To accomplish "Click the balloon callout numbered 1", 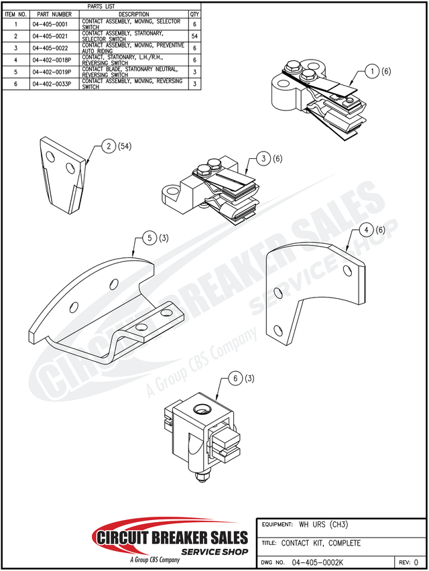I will pos(373,70).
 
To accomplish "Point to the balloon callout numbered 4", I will pos(366,230).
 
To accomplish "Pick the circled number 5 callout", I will pos(150,238).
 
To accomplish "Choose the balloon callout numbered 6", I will pos(235,379).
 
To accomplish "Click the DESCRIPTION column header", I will pos(133,13).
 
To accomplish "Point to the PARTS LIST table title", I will pos(101,6).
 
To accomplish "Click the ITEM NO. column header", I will pos(15,13).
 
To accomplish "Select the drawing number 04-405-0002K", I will pos(318,562).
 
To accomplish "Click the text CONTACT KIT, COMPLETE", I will pos(321,543).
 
